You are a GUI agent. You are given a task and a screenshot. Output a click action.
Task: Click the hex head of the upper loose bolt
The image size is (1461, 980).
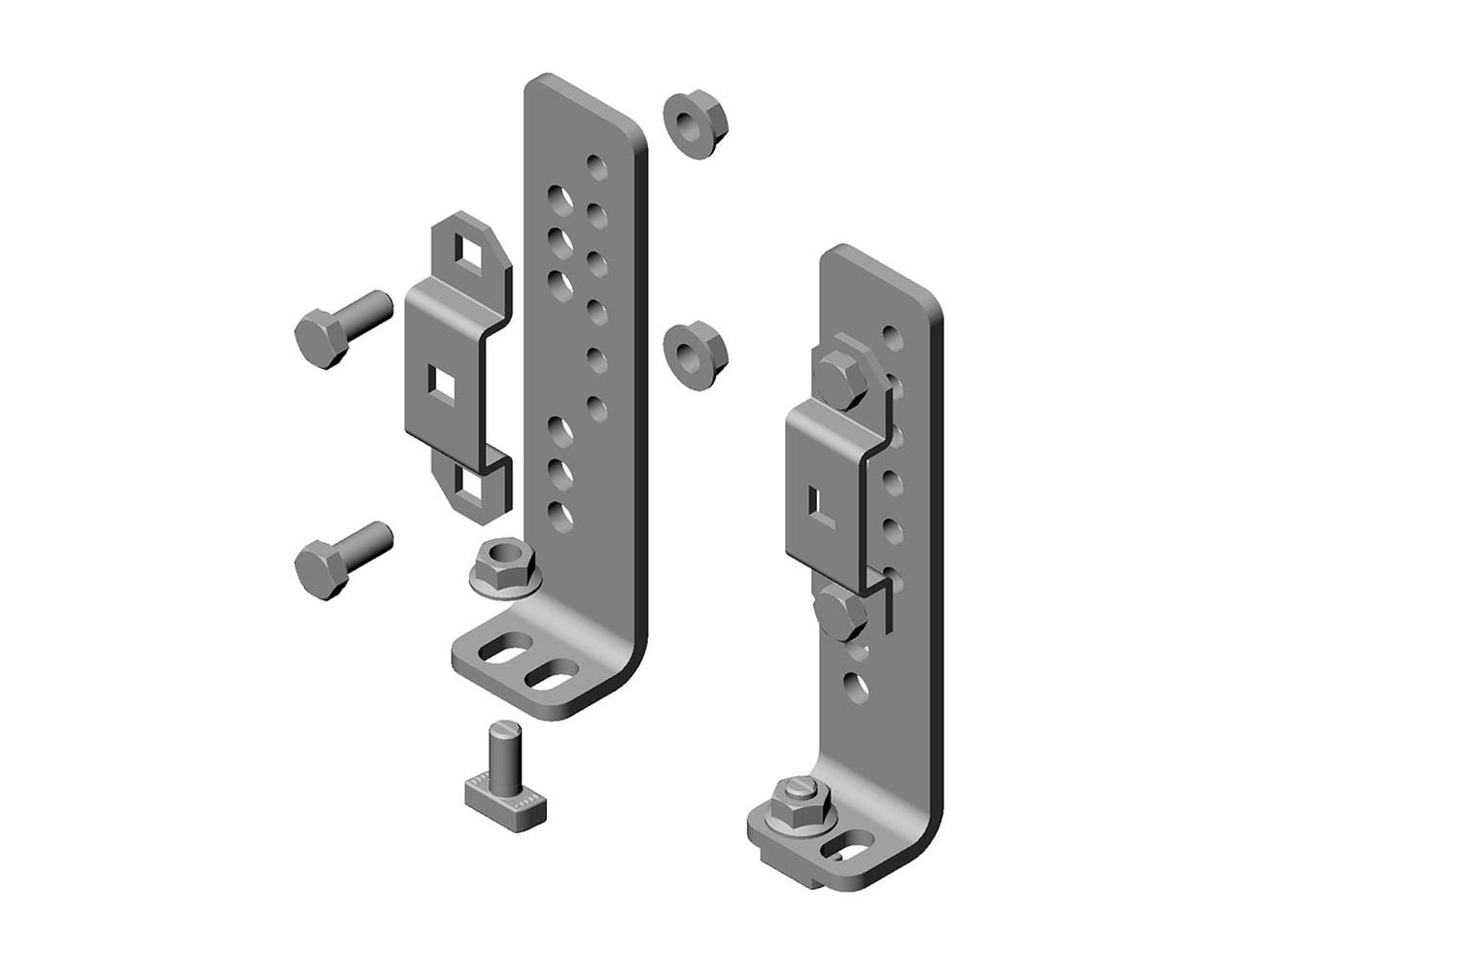pyautogui.click(x=320, y=334)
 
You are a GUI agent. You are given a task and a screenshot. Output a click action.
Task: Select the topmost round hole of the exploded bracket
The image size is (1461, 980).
pyautogui.click(x=597, y=167)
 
